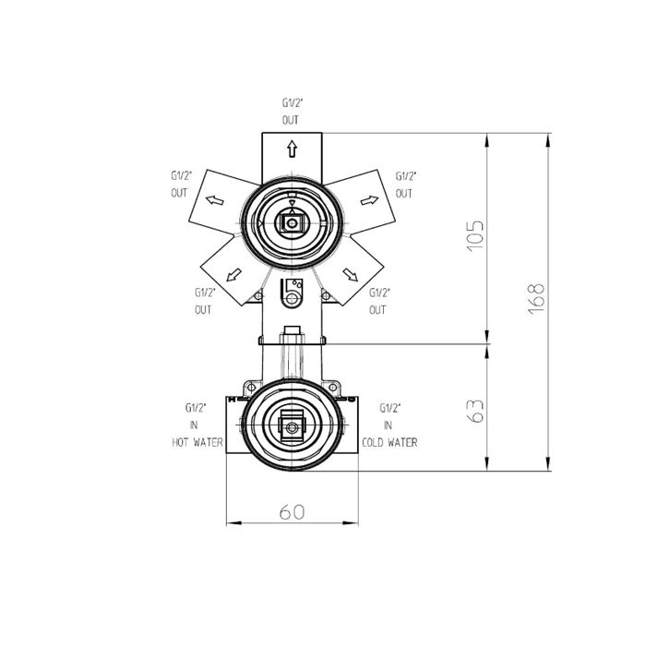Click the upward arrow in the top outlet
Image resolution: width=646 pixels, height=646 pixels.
293,149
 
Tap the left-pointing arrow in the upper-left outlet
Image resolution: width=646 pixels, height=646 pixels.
215,200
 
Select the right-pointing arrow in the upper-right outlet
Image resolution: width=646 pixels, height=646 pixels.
369,200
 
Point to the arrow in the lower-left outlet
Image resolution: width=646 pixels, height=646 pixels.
233,275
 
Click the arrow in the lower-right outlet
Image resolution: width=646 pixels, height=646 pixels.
350,275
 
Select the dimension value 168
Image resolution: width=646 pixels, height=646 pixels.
536,299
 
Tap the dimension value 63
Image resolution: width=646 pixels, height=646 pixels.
476,411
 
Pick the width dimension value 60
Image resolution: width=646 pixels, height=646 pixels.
293,512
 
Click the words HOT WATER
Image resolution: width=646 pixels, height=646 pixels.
197,442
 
